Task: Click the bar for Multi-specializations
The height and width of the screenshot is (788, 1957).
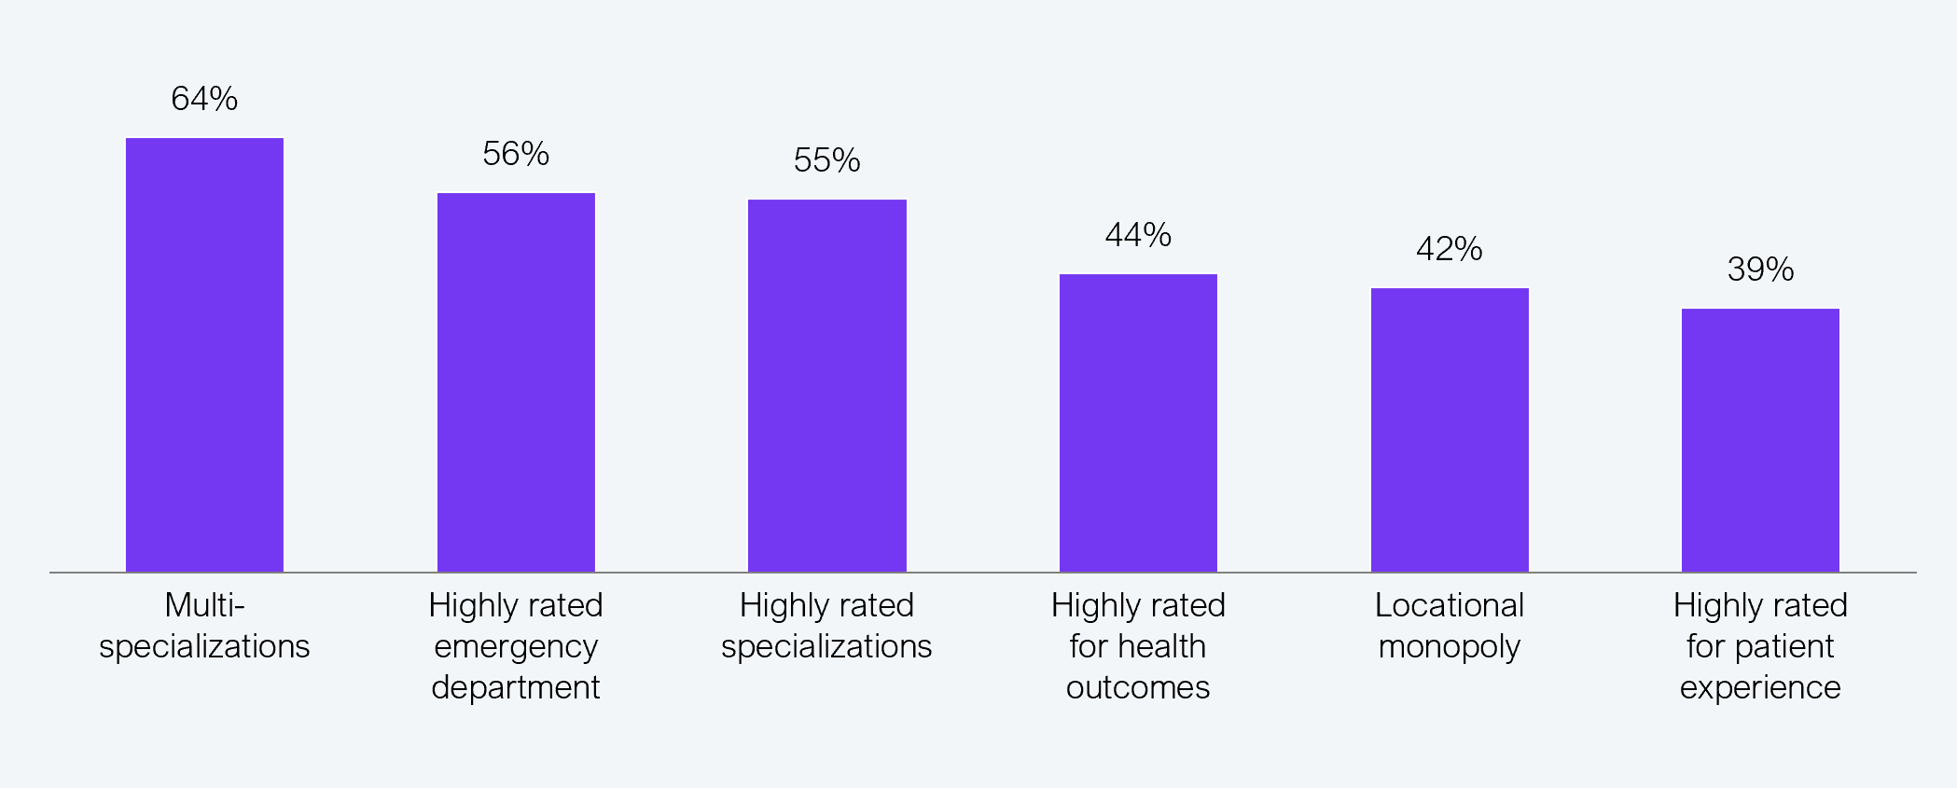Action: tap(204, 354)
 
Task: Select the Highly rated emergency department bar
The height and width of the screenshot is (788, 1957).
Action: tap(516, 382)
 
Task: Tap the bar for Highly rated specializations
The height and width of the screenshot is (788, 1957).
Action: tap(827, 385)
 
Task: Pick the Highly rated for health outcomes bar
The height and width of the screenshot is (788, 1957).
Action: tap(1138, 422)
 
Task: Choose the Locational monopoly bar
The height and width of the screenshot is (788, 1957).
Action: tap(1450, 430)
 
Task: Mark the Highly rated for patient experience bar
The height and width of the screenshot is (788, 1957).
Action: tap(1760, 440)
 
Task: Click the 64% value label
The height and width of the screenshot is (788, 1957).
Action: tap(204, 99)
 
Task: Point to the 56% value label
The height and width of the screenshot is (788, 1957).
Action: tap(516, 154)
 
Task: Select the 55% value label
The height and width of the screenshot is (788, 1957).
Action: tap(827, 160)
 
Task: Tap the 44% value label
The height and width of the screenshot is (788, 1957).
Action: tap(1138, 235)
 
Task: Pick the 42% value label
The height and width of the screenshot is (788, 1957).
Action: tap(1450, 249)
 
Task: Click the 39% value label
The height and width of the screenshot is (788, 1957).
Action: tap(1760, 270)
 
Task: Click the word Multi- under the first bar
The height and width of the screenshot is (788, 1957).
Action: tap(204, 605)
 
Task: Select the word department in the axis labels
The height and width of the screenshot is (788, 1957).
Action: tap(516, 688)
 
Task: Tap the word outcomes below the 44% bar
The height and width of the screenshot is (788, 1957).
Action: tap(1138, 688)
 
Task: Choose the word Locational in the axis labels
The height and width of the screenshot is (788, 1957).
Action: tap(1450, 605)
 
